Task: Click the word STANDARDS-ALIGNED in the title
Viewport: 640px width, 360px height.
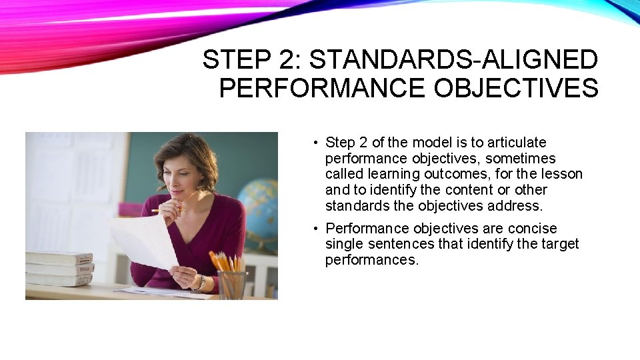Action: tap(454, 60)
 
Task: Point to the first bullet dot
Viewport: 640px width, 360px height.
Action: tap(314, 143)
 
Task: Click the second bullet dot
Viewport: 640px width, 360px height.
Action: tap(314, 229)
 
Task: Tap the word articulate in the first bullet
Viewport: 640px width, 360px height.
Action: tap(517, 143)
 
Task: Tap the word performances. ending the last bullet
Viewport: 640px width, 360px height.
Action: tap(372, 261)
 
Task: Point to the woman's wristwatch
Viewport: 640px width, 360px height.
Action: tap(199, 283)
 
